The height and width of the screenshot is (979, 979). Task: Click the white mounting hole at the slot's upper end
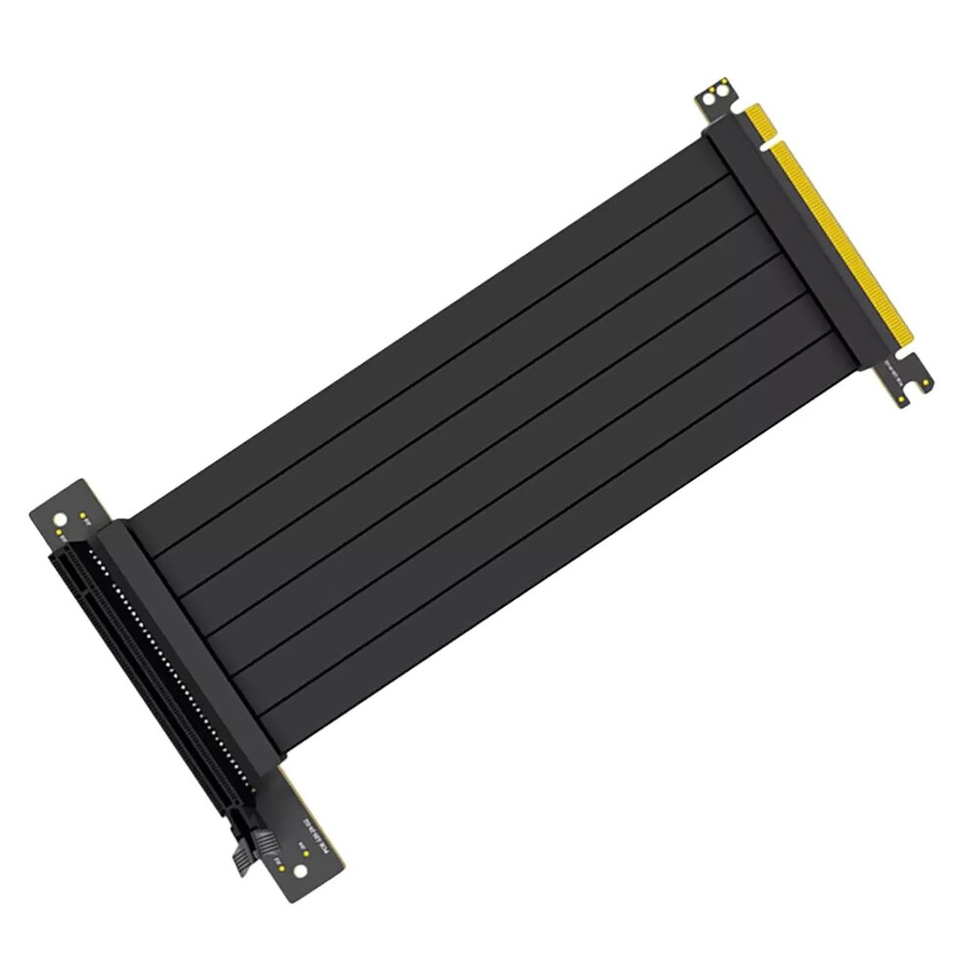click(x=62, y=519)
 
